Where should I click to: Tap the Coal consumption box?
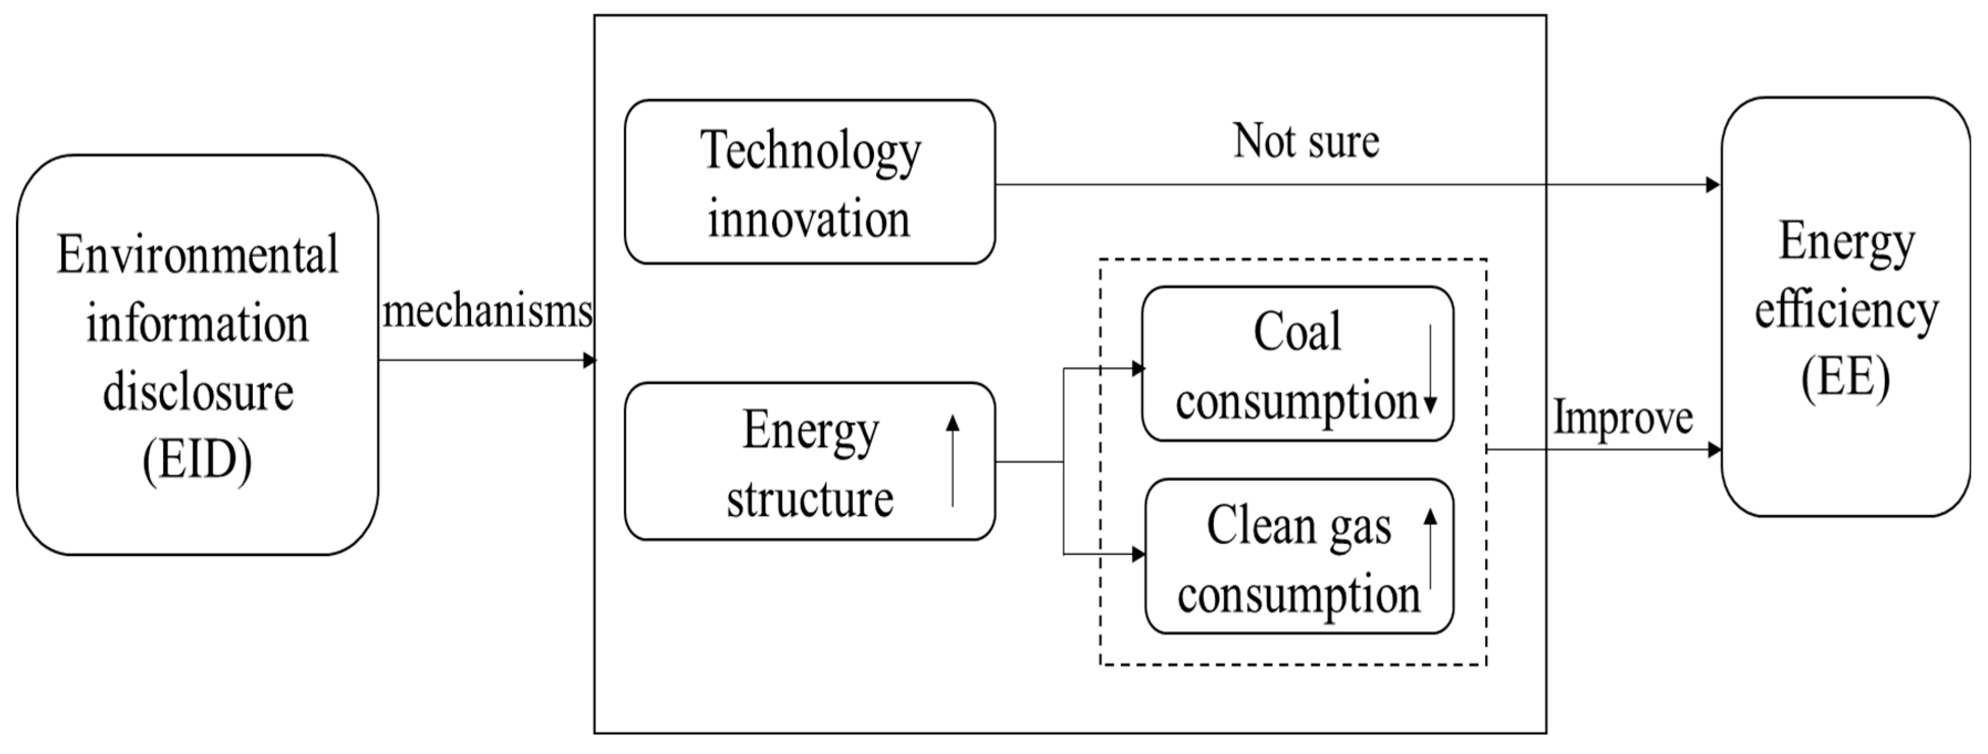pos(1297,364)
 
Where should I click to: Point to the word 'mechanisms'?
pos(488,312)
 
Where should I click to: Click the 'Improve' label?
pos(1622,418)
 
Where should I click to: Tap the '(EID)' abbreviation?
pos(198,461)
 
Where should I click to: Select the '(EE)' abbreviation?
pos(1845,377)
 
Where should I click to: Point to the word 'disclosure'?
pos(198,393)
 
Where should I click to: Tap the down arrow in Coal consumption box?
pos(1430,369)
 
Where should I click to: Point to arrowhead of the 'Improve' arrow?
pos(1714,449)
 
